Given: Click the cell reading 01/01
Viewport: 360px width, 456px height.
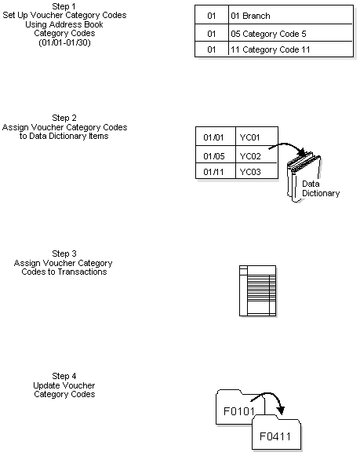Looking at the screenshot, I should click(x=214, y=137).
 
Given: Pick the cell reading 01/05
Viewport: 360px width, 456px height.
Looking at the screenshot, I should click(x=214, y=155).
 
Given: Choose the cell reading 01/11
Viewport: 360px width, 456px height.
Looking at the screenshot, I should click(x=214, y=171).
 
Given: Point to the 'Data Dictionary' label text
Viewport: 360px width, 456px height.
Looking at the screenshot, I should click(x=321, y=188).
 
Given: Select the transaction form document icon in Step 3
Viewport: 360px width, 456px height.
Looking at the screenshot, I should click(x=257, y=290).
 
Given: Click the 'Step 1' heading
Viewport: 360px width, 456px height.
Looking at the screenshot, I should click(x=64, y=6).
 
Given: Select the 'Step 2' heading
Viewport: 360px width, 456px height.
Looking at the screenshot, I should click(x=64, y=119).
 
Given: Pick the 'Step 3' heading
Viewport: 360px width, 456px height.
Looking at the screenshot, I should click(x=64, y=254).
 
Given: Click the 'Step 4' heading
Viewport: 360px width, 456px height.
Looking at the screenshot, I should click(x=64, y=377).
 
